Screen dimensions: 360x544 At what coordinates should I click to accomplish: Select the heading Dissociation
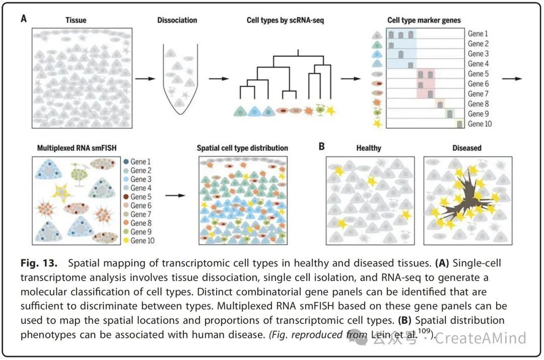coord(177,21)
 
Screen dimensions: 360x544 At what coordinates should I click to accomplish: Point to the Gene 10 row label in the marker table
coord(480,124)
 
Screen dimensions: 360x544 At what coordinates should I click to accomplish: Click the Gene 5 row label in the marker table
coord(478,74)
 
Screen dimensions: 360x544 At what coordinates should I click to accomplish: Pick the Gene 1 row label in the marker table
coord(478,34)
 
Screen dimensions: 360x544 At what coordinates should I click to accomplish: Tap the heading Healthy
coord(368,148)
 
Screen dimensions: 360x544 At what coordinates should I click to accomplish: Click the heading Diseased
coord(467,148)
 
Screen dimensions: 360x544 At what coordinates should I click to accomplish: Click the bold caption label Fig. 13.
coord(36,263)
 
